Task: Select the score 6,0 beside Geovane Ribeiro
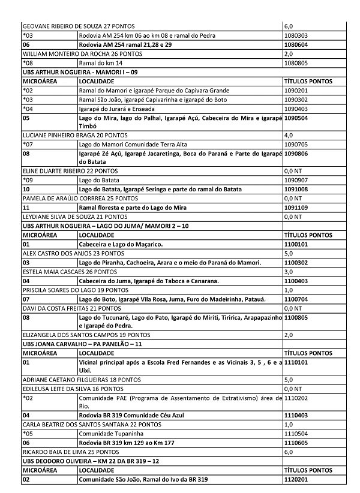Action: [x=288, y=27]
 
